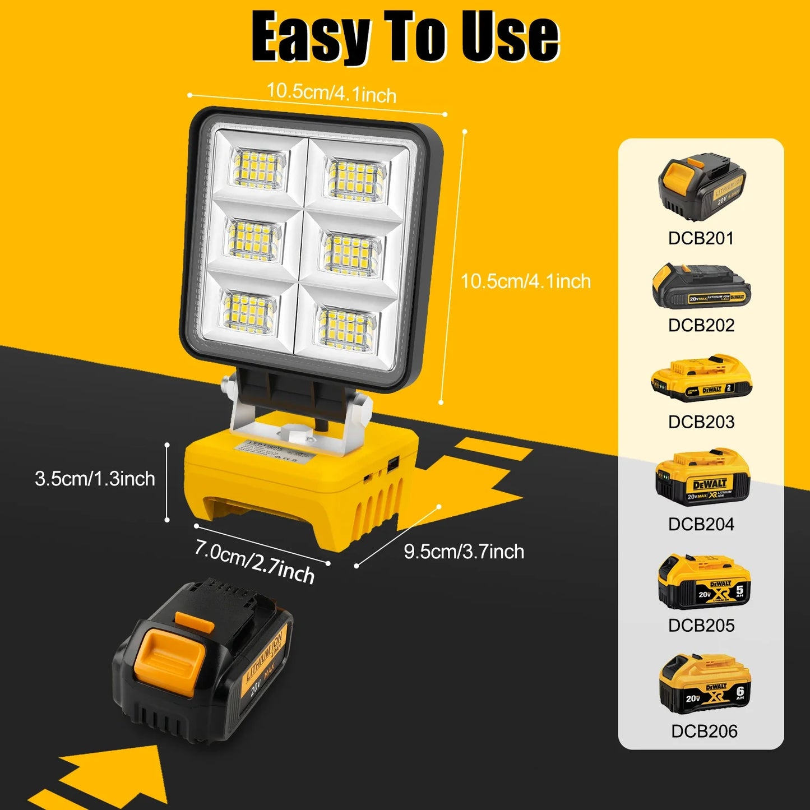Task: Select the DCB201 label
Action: (701, 238)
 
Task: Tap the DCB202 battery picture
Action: (701, 287)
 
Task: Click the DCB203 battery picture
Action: (701, 378)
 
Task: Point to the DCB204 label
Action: (701, 524)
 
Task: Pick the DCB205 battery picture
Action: (704, 582)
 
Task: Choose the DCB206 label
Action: (704, 731)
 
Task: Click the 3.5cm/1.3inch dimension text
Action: (95, 479)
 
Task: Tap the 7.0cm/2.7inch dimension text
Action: (254, 561)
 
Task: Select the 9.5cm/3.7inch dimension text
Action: (464, 552)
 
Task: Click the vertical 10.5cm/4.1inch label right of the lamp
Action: (525, 281)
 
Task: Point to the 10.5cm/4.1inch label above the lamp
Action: (331, 92)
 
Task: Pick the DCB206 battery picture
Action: (704, 684)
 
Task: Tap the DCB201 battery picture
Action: (701, 188)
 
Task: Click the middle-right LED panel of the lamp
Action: (351, 253)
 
